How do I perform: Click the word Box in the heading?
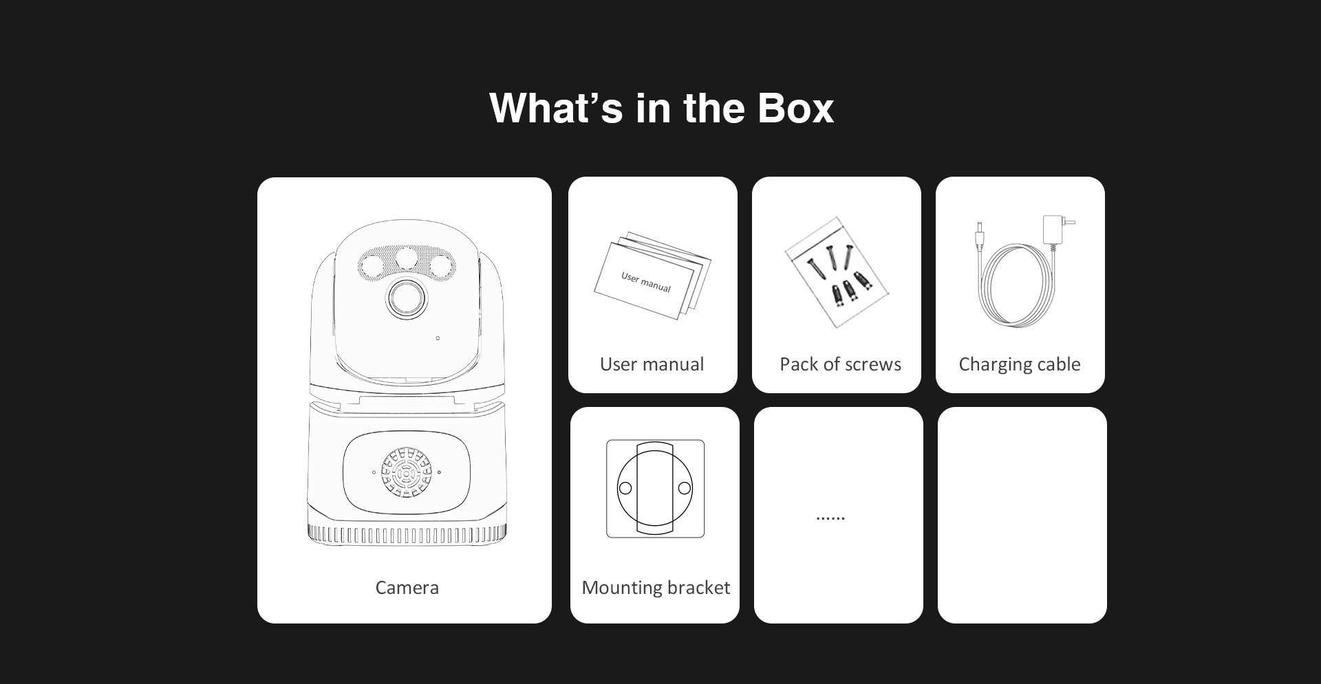click(795, 108)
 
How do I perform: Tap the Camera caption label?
click(407, 588)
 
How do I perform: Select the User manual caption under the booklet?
click(652, 364)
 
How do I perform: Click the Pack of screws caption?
click(840, 364)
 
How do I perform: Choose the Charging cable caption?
click(1020, 364)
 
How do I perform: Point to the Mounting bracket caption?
click(656, 588)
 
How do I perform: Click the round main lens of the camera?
click(407, 298)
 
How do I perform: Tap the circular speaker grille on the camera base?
click(407, 472)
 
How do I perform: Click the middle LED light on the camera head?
click(407, 257)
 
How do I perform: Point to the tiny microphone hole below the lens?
click(438, 338)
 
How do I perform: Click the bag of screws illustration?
click(837, 272)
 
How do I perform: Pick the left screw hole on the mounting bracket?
click(625, 488)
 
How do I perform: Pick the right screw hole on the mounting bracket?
click(685, 488)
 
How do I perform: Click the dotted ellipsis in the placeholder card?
click(830, 518)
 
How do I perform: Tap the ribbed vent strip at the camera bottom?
click(407, 534)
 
